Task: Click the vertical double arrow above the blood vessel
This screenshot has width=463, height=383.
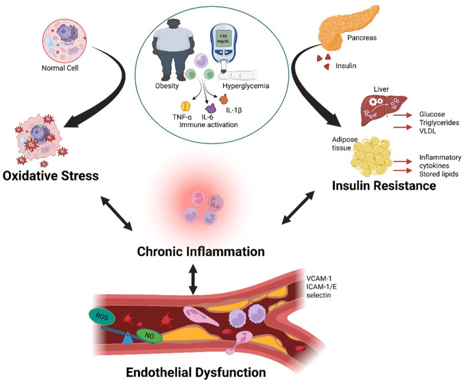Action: coord(193,278)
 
